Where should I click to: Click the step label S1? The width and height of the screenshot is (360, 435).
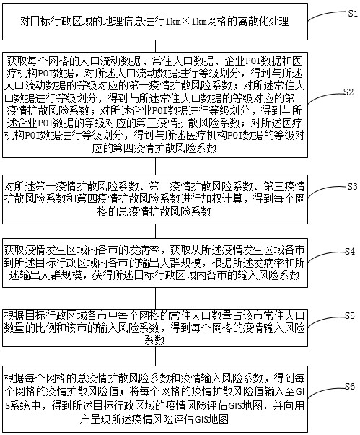pyautogui.click(x=353, y=13)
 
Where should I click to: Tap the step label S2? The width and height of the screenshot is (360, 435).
pyautogui.click(x=348, y=92)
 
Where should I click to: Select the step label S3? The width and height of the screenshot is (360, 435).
pyautogui.click(x=352, y=186)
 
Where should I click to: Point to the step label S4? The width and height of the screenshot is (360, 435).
pyautogui.click(x=350, y=251)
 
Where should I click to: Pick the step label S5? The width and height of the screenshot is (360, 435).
pyautogui.click(x=350, y=315)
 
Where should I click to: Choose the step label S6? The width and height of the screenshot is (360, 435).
pyautogui.click(x=350, y=386)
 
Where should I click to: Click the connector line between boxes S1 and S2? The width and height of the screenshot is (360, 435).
pyautogui.click(x=155, y=46)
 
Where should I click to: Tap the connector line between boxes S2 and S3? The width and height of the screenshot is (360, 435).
pyautogui.click(x=155, y=166)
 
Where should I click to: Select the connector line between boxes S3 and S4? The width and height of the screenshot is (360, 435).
pyautogui.click(x=155, y=231)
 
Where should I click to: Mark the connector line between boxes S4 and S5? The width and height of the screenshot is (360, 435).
pyautogui.click(x=155, y=299)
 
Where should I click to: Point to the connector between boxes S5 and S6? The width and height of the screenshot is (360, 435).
pyautogui.click(x=155, y=356)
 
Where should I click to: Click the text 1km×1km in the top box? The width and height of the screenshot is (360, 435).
pyautogui.click(x=186, y=22)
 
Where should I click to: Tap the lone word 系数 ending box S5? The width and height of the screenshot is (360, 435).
pyautogui.click(x=155, y=340)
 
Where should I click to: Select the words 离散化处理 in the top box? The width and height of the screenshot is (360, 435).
pyautogui.click(x=263, y=22)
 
